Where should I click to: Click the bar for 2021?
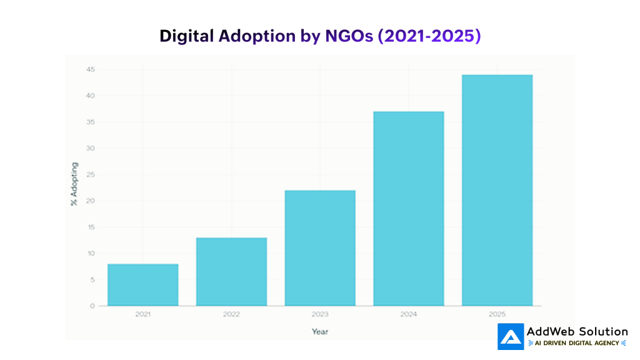[x=142, y=285]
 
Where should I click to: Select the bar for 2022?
[x=231, y=272]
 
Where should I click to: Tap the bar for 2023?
[x=320, y=248]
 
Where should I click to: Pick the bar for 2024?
[x=409, y=209]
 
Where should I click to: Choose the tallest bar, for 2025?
[x=497, y=191]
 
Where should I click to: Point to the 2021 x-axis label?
[x=142, y=314]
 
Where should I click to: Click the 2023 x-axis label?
[x=320, y=314]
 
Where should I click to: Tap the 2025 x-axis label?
[x=497, y=314]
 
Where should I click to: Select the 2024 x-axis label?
[x=409, y=314]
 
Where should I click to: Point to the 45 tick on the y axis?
[x=91, y=69]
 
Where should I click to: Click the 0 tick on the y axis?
[x=92, y=306]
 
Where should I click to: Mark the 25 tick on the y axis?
[x=91, y=174]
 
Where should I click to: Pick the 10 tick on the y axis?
[x=91, y=253]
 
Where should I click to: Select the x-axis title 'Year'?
[x=320, y=331]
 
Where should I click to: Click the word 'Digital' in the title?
[x=186, y=36]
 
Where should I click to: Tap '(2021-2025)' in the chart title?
[x=429, y=36]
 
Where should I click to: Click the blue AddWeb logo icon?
[x=510, y=337]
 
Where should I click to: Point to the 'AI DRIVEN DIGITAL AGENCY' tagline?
[x=577, y=343]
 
